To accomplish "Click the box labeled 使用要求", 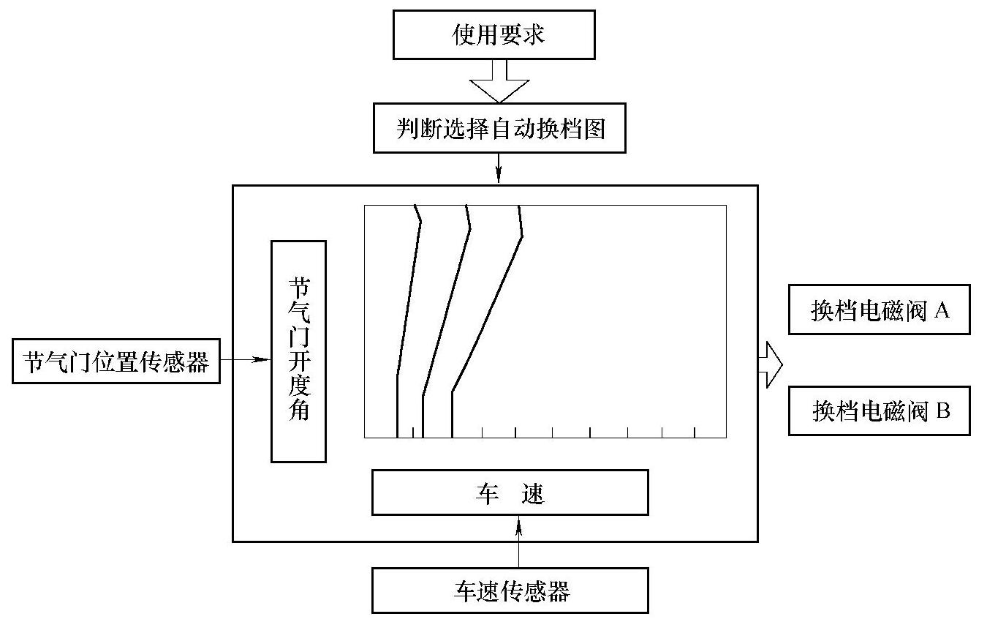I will point(494,35).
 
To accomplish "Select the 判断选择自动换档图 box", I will point(499,129).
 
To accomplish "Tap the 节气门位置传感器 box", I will point(116,361).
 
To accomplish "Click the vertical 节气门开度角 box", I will point(298,351).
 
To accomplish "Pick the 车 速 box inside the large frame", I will point(510,492).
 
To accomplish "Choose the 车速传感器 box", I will point(510,590).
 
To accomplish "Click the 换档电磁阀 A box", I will point(879,311).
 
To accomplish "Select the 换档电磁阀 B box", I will point(879,411).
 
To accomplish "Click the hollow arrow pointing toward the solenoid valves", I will point(770,364).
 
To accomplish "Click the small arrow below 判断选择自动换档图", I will point(499,170).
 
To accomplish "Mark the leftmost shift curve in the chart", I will point(407,307).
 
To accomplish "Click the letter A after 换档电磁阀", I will point(942,311).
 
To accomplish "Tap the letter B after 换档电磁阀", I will point(942,411).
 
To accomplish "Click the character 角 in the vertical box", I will point(298,411).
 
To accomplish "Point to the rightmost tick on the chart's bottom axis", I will point(694,432).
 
